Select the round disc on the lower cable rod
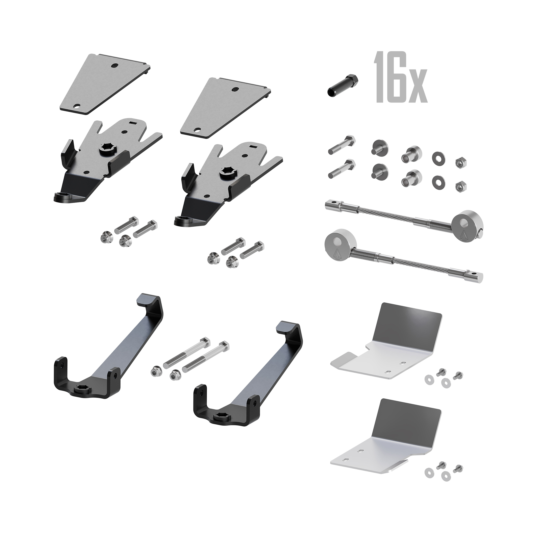[x=337, y=246]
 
